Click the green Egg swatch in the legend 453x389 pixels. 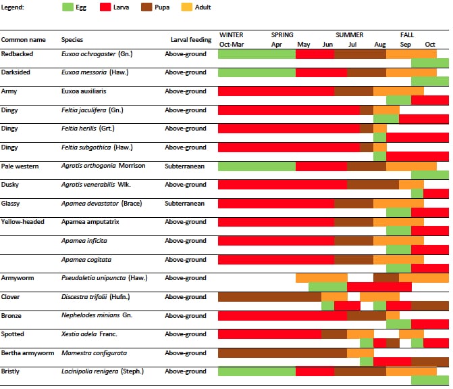(x=68, y=7)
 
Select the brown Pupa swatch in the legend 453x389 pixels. (x=146, y=7)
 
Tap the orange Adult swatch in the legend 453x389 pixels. (x=186, y=7)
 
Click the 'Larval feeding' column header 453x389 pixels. (x=191, y=40)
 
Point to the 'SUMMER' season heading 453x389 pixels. (x=349, y=35)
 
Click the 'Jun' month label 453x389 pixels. (x=327, y=45)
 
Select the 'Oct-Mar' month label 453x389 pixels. (x=232, y=45)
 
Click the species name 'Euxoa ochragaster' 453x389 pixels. (x=88, y=54)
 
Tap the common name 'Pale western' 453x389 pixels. (x=20, y=166)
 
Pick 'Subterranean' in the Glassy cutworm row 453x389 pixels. (x=184, y=204)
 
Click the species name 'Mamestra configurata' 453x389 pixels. (x=94, y=353)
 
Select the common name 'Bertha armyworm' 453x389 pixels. (x=28, y=353)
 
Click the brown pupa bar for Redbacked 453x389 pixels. (x=361, y=54)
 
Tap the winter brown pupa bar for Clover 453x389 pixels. (x=269, y=297)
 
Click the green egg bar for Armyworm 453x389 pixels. (x=328, y=287)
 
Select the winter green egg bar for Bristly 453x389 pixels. (x=257, y=371)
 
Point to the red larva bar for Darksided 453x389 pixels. (x=321, y=72)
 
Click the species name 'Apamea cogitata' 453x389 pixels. (x=86, y=260)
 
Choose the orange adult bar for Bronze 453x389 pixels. (x=393, y=315)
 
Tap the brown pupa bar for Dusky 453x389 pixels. (x=373, y=185)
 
